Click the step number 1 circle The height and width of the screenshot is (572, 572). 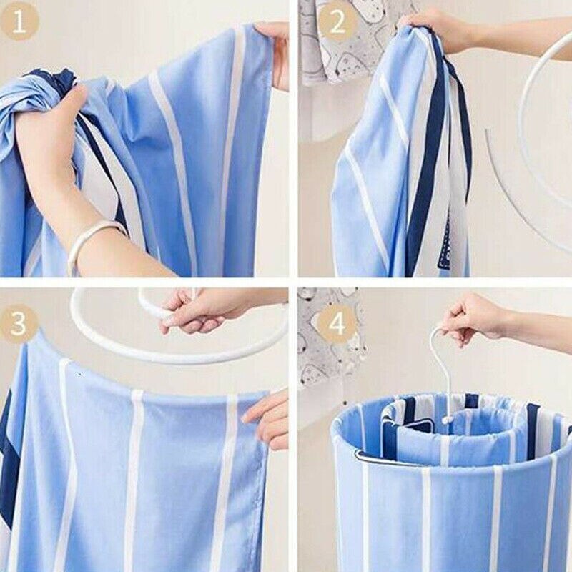click(x=20, y=21)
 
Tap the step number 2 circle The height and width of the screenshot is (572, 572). click(x=337, y=21)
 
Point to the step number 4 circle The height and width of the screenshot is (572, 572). click(x=337, y=325)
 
